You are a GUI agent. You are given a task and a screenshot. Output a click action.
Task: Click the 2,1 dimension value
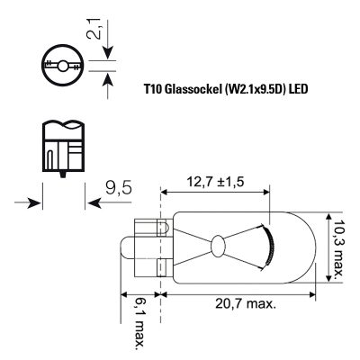pyautogui.click(x=94, y=28)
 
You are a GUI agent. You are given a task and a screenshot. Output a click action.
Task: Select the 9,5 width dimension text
pyautogui.click(x=119, y=189)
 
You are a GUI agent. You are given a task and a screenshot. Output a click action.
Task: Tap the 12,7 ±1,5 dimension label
pyautogui.click(x=215, y=182)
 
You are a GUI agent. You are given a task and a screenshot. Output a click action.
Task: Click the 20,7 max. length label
pyautogui.click(x=246, y=304)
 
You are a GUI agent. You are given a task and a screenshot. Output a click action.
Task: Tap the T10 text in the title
pyautogui.click(x=153, y=89)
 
